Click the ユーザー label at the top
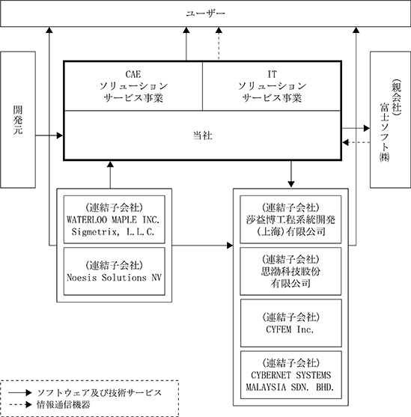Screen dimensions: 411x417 pyautogui.click(x=205, y=13)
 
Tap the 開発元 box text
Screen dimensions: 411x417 pyautogui.click(x=18, y=120)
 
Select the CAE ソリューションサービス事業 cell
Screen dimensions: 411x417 pyautogui.click(x=133, y=86)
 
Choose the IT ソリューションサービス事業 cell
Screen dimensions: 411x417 pyautogui.click(x=272, y=86)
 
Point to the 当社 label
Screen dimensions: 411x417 pyautogui.click(x=202, y=136)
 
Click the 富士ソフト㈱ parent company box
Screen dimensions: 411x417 pyautogui.click(x=390, y=120)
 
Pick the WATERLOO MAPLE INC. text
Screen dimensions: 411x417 pyautogui.click(x=113, y=220)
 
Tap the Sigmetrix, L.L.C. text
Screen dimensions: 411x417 pyautogui.click(x=113, y=232)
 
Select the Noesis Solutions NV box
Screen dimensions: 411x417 pyautogui.click(x=115, y=271)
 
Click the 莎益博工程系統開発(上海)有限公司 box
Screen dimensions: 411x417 pyautogui.click(x=290, y=219)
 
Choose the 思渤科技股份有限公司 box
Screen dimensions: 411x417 pyautogui.click(x=290, y=271)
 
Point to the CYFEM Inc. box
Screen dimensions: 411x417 pyautogui.click(x=291, y=323)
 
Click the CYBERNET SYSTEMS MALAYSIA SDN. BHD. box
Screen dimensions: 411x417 pyautogui.click(x=291, y=375)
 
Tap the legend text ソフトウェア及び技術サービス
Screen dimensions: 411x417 pyautogui.click(x=100, y=392)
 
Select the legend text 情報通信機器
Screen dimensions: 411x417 pyautogui.click(x=64, y=405)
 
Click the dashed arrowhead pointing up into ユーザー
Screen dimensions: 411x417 pyautogui.click(x=219, y=30)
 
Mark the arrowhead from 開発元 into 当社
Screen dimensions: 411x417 pyautogui.click(x=60, y=136)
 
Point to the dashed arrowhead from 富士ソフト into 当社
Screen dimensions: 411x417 pyautogui.click(x=346, y=142)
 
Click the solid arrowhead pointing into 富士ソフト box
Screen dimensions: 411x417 pyautogui.click(x=367, y=128)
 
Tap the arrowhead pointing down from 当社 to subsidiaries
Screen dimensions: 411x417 pyautogui.click(x=291, y=184)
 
